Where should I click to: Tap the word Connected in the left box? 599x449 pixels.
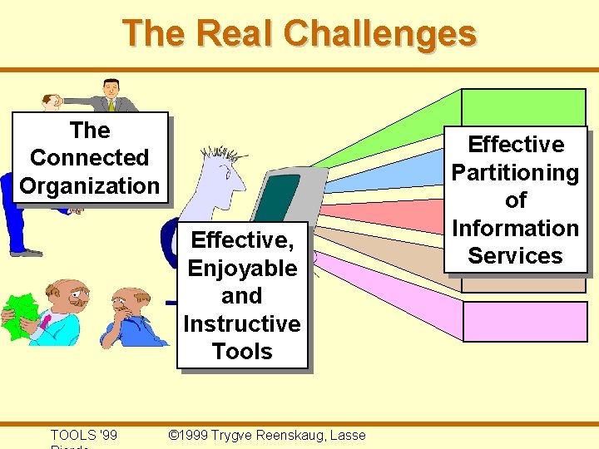(x=89, y=158)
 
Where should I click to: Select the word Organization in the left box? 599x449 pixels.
(x=89, y=185)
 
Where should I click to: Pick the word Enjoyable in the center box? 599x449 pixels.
(x=242, y=269)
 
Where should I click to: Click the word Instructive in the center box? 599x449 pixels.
(x=242, y=323)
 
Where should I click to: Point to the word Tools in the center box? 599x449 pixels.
(x=242, y=351)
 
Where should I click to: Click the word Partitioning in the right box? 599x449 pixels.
(x=515, y=173)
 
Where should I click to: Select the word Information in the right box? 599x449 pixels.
(x=515, y=228)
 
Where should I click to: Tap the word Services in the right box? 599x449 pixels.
(x=515, y=255)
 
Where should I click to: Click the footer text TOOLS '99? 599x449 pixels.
(x=83, y=435)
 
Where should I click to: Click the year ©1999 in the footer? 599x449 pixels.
(x=188, y=435)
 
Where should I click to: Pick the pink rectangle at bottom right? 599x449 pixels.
(x=524, y=320)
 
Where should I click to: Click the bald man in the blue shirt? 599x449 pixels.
(x=128, y=316)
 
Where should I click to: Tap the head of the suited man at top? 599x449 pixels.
(x=111, y=88)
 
